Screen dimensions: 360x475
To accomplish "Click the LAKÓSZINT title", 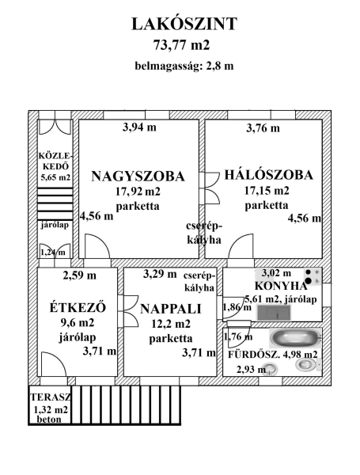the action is click(184, 24).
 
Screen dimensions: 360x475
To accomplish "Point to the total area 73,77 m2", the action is click(181, 45).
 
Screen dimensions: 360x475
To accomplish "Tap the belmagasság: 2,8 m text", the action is click(184, 66).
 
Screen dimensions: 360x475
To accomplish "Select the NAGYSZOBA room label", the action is click(138, 176).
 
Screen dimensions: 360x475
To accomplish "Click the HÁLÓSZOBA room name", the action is click(268, 175).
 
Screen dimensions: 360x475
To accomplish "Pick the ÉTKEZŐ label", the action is click(78, 307).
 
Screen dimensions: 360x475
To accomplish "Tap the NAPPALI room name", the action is click(171, 309).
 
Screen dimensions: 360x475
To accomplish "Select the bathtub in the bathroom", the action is click(295, 338).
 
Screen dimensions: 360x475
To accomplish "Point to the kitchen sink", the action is click(274, 313).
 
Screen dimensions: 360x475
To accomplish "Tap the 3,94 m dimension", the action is click(139, 127).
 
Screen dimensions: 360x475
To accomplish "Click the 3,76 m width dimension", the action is click(263, 128).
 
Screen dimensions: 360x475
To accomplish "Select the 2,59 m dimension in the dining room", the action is click(80, 275).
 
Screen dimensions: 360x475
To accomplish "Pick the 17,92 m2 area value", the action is click(138, 192).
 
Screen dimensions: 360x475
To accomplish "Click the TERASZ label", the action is click(51, 397).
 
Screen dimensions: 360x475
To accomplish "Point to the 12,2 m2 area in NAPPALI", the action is click(171, 324).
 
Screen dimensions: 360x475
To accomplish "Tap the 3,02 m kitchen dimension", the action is click(276, 273).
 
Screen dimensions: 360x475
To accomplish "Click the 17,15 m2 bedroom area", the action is click(267, 191).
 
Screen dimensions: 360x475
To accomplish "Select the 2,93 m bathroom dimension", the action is click(251, 369).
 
